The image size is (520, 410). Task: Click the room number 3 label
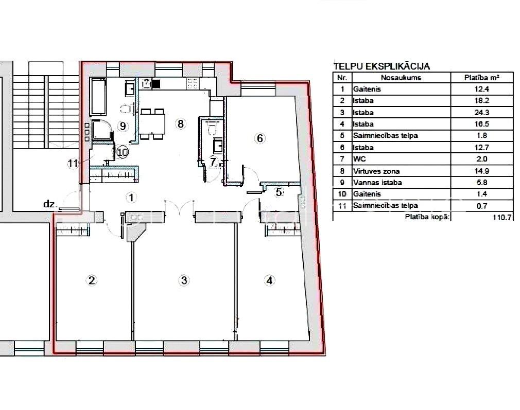click(x=184, y=280)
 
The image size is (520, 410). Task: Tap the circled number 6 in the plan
click(x=260, y=138)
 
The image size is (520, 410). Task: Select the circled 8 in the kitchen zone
click(x=180, y=123)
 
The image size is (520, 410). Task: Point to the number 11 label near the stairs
click(x=73, y=163)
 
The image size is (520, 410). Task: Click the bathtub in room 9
click(x=98, y=96)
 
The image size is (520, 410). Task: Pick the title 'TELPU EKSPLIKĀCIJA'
click(x=382, y=66)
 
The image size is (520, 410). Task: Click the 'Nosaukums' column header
click(x=401, y=78)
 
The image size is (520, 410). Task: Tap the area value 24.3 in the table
click(x=481, y=112)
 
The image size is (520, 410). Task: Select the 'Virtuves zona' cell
click(x=376, y=171)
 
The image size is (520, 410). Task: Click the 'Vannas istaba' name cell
click(x=377, y=182)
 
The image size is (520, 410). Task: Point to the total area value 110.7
click(x=502, y=218)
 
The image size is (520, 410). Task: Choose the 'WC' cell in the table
click(x=359, y=159)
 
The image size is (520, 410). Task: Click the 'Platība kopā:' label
click(x=427, y=217)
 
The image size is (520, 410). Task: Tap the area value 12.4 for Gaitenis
click(x=481, y=89)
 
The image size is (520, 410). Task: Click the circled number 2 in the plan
click(x=92, y=280)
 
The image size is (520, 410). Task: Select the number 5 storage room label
click(x=279, y=192)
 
